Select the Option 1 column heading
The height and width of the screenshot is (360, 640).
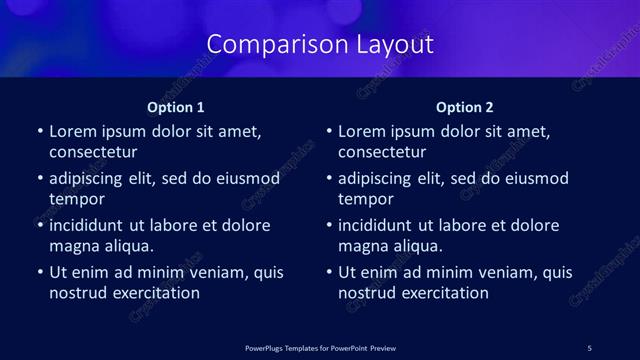pyautogui.click(x=176, y=107)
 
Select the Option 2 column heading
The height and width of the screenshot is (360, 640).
pyautogui.click(x=465, y=107)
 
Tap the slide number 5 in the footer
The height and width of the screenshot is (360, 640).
pyautogui.click(x=589, y=347)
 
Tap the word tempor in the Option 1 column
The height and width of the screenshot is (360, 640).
pyautogui.click(x=76, y=199)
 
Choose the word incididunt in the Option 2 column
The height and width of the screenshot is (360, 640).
pyautogui.click(x=378, y=225)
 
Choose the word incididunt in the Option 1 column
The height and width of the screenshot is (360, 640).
pyautogui.click(x=89, y=225)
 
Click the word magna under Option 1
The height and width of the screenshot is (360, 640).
pyautogui.click(x=73, y=246)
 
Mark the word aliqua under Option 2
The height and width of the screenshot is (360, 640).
pyautogui.click(x=419, y=246)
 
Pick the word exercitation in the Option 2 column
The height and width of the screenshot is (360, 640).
pyautogui.click(x=444, y=293)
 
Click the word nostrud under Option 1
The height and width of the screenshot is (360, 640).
pyautogui.click(x=78, y=293)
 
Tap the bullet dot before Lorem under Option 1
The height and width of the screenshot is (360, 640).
pyautogui.click(x=39, y=132)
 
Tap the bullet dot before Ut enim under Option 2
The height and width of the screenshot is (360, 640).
pyautogui.click(x=328, y=272)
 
